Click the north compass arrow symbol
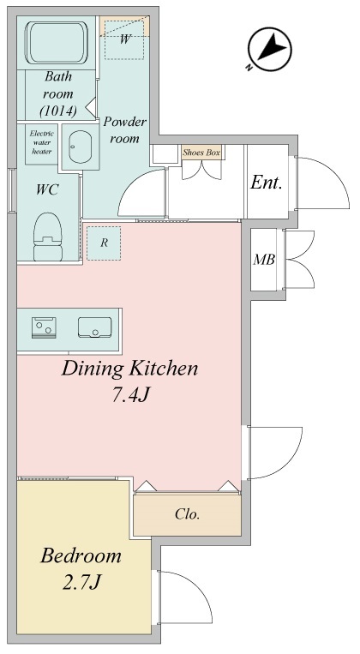pos(267,49)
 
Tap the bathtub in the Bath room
pos(57,42)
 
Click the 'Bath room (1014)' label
pos(58,94)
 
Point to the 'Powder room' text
pos(125,129)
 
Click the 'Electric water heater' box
pos(41,142)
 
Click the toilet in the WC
pos(50,237)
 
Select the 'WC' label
pos(46,189)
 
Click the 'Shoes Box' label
pos(201,153)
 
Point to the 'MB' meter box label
pos(263,260)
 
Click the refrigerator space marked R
pos(104,243)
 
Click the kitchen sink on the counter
pos(93,327)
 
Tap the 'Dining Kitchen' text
pos(129,369)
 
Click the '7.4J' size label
pos(129,398)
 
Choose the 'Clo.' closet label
pos(187,514)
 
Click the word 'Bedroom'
pos(81,555)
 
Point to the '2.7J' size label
pos(81,584)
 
